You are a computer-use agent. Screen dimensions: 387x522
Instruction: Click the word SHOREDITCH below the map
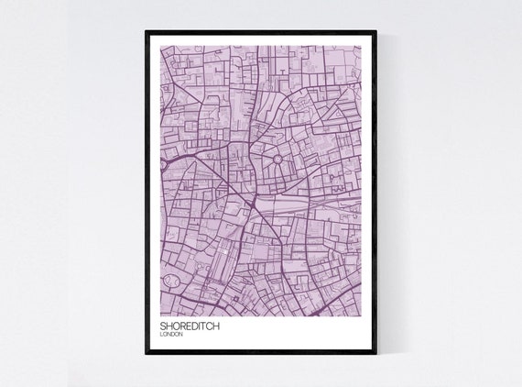(x=189, y=325)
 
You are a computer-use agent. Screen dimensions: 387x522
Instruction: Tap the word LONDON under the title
(x=171, y=334)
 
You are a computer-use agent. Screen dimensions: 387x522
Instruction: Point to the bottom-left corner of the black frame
(x=147, y=353)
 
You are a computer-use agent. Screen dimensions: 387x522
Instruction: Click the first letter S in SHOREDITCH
(x=162, y=325)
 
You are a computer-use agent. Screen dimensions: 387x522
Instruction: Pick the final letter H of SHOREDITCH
(x=216, y=325)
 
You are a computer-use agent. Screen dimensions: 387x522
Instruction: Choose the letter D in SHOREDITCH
(x=190, y=325)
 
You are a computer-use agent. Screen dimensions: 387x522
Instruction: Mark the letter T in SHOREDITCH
(x=202, y=325)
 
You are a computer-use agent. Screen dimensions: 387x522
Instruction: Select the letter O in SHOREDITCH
(x=174, y=325)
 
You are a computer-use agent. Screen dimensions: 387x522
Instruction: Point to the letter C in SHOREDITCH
(x=209, y=325)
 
